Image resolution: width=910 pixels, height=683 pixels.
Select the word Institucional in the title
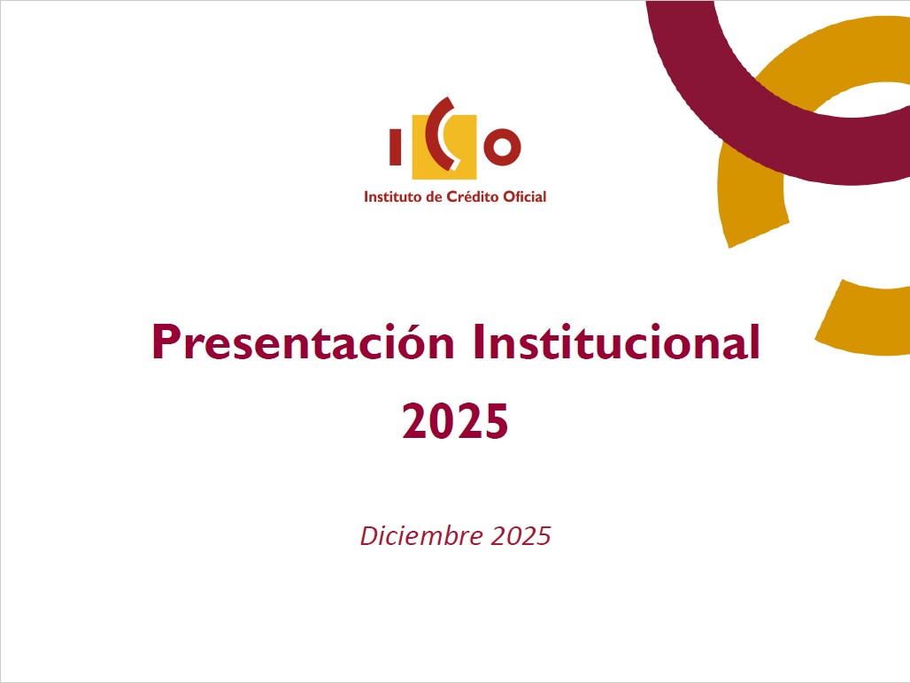pyautogui.click(x=616, y=342)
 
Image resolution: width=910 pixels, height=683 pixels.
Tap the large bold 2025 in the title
pyautogui.click(x=455, y=421)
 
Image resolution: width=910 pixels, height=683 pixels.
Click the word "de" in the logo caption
pyautogui.click(x=434, y=196)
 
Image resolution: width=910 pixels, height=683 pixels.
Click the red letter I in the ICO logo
pyautogui.click(x=396, y=147)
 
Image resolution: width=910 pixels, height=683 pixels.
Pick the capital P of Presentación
pyautogui.click(x=165, y=342)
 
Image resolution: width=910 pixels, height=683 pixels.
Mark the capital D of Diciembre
pyautogui.click(x=368, y=536)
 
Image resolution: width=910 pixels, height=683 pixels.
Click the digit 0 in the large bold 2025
pyautogui.click(x=442, y=421)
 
